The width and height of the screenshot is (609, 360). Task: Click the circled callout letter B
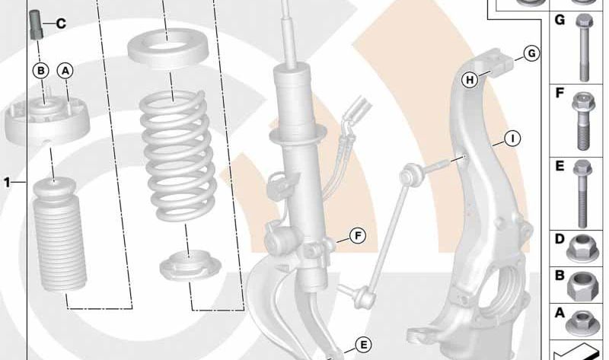click(41, 71)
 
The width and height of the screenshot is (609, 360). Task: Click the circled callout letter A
click(65, 71)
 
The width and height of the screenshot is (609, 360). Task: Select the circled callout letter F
click(358, 236)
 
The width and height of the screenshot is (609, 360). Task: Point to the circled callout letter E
click(363, 345)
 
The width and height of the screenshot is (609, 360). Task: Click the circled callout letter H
click(470, 80)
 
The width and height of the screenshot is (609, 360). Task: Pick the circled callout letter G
click(531, 53)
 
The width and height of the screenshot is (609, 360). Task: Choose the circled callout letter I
click(512, 139)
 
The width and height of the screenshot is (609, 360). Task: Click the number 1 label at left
click(7, 182)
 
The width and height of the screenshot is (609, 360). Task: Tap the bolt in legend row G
click(584, 47)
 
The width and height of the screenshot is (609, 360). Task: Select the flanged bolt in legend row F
click(583, 121)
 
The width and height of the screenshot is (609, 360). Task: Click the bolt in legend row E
click(582, 194)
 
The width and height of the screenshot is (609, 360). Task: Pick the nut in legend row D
click(582, 249)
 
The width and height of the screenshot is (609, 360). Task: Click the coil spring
click(178, 156)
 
